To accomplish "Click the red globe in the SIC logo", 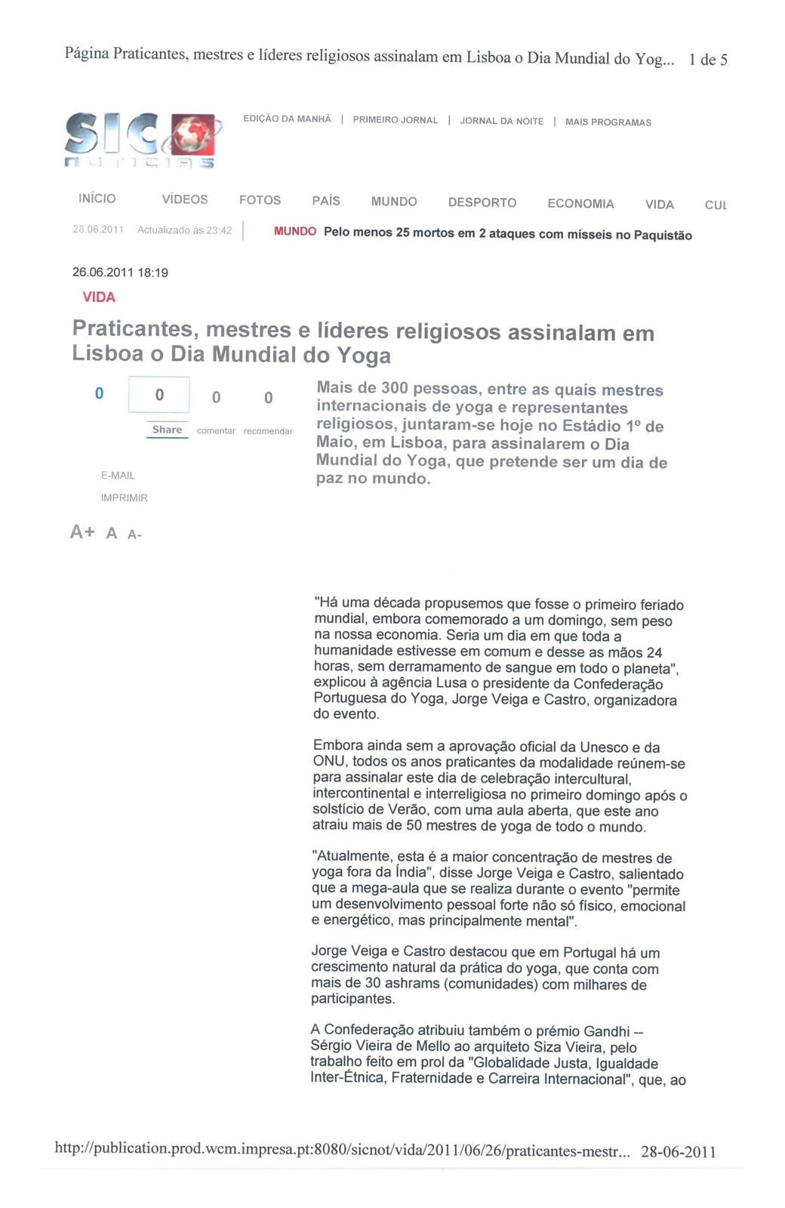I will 195,134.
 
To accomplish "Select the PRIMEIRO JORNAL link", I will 395,120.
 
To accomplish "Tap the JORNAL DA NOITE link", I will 501,121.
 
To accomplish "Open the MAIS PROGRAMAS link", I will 608,122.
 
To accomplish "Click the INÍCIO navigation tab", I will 97,199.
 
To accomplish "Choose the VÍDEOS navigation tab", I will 185,199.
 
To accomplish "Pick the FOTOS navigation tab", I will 260,200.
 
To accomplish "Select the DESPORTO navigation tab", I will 482,202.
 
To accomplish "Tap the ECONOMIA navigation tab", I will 580,204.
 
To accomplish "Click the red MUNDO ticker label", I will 294,231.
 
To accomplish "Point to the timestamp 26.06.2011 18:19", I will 120,273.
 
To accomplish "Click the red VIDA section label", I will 99,297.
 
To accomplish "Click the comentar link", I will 216,430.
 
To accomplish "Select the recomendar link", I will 268,431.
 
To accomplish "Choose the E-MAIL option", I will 118,476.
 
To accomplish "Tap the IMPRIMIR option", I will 125,498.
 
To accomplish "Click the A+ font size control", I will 82,532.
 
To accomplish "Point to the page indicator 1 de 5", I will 708,60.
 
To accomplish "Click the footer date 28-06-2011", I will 678,1151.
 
